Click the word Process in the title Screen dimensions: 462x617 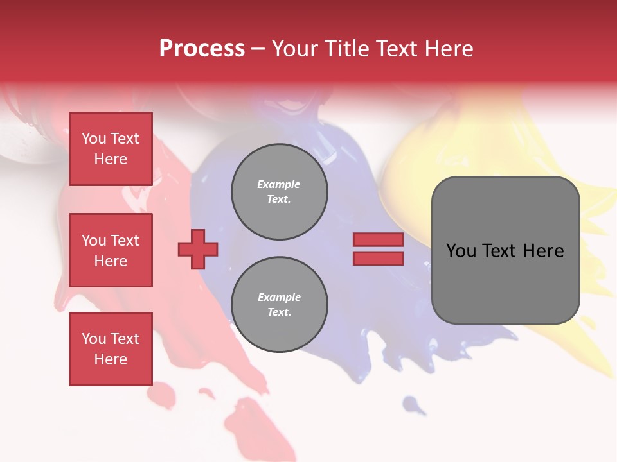click(x=202, y=49)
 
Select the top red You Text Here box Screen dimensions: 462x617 click(x=111, y=149)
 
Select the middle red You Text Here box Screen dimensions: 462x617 click(x=111, y=250)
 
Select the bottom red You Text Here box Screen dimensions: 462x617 click(x=111, y=349)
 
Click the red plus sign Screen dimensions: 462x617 click(x=198, y=250)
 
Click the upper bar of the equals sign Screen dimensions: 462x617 click(x=378, y=240)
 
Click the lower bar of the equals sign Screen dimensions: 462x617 click(x=378, y=259)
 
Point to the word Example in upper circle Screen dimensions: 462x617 click(x=279, y=184)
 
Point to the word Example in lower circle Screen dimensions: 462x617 click(x=279, y=297)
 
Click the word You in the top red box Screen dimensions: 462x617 click(x=94, y=139)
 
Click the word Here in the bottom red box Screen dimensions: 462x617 click(x=111, y=359)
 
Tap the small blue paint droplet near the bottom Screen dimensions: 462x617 click(x=414, y=405)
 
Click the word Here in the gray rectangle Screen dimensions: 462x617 click(x=544, y=251)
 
